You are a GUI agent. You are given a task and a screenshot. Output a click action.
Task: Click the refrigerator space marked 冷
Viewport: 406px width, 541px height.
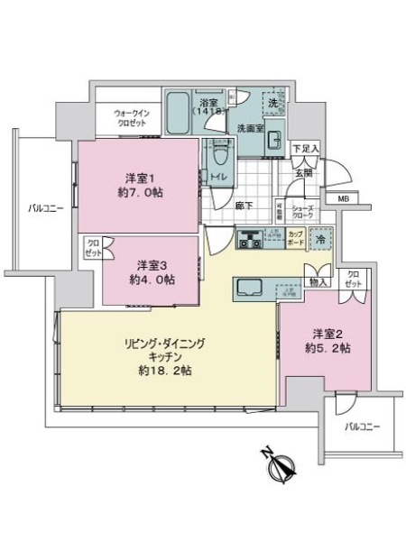point(320,240)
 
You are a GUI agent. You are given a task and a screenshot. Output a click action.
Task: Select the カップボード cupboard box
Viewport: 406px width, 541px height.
point(295,240)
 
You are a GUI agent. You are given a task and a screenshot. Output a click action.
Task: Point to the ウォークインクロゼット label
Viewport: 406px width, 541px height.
point(129,118)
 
